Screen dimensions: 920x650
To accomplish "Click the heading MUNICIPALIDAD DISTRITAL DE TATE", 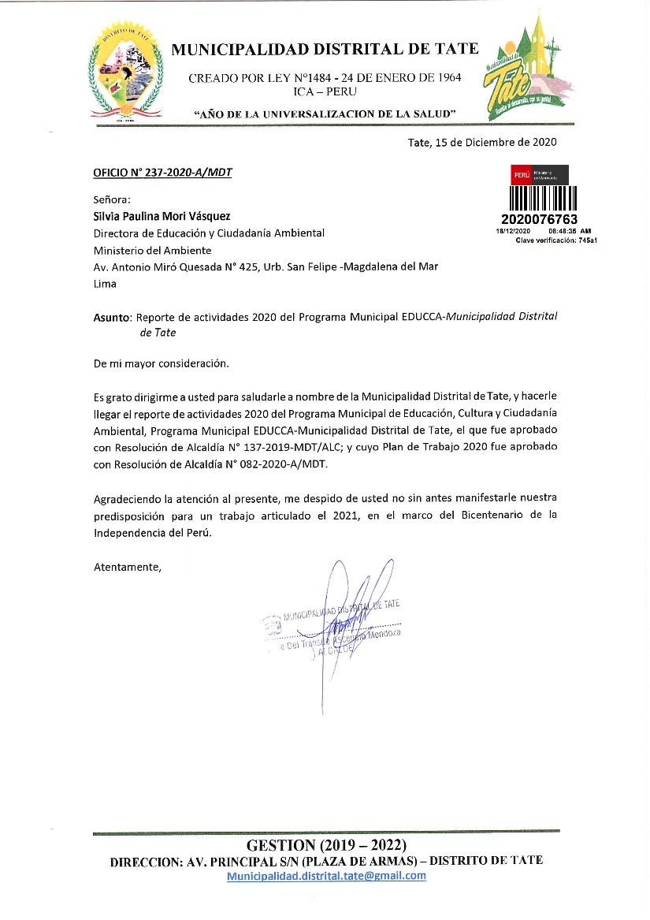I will point(325,49).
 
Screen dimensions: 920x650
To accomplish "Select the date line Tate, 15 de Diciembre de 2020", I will point(482,142).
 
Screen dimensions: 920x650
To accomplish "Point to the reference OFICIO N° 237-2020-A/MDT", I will point(162,172).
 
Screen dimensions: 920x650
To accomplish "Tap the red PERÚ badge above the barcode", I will point(521,173).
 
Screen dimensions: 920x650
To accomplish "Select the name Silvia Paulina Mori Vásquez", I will point(163,216).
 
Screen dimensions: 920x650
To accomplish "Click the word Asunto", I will point(111,317).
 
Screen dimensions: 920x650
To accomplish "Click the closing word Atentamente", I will point(128,566).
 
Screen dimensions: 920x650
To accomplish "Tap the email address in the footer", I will point(326,876).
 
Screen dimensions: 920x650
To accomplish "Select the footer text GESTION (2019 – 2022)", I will point(326,844).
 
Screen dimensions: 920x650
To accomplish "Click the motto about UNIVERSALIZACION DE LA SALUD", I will point(326,115).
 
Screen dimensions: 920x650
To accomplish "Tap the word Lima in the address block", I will point(105,284).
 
